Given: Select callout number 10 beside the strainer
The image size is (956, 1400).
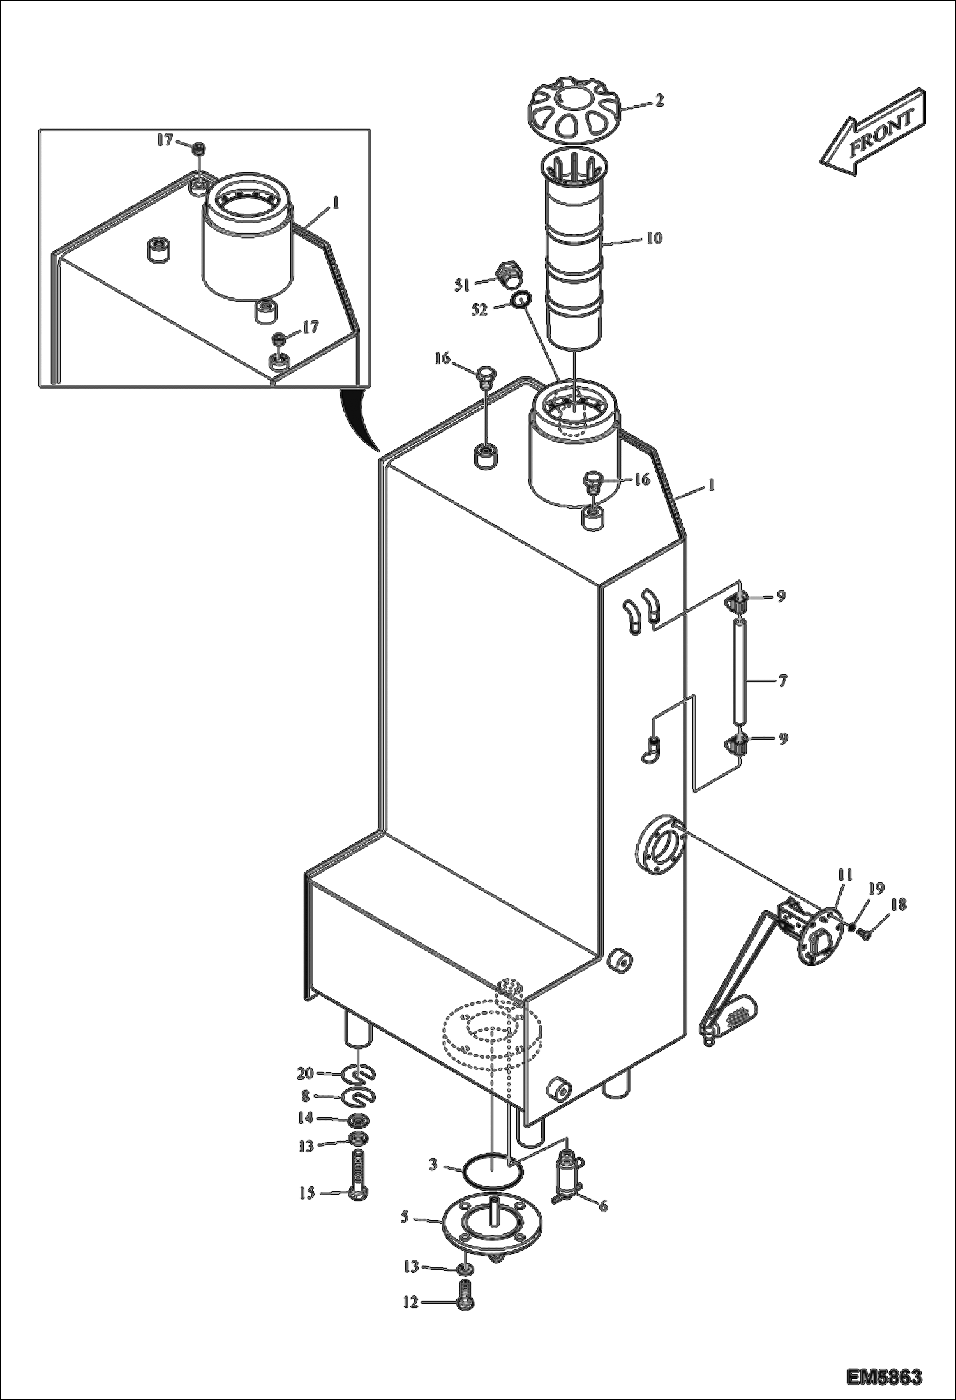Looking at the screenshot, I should tap(654, 239).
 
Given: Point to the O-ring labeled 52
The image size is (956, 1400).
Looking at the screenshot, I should tap(521, 299).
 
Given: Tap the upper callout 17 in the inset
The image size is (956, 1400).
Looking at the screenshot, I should tap(165, 139).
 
